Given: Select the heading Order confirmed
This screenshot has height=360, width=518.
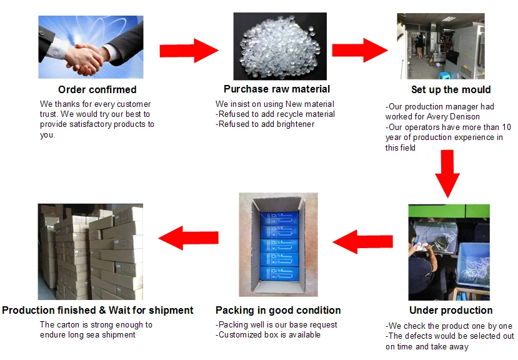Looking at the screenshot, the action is (x=97, y=90).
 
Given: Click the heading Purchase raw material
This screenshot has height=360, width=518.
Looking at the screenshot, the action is (x=277, y=89).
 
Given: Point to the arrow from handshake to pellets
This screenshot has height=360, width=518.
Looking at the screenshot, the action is (x=189, y=51).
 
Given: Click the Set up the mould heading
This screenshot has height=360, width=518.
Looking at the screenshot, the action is (x=451, y=89).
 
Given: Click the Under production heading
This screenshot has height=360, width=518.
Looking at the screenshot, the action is (x=451, y=310).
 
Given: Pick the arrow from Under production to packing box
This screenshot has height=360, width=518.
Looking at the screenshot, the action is (x=362, y=241).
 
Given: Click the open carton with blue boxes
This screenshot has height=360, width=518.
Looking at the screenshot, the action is (x=278, y=244).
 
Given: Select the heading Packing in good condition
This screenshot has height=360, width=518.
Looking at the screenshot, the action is (x=278, y=310).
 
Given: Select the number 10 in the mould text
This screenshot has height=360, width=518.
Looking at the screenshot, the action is (x=506, y=127).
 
